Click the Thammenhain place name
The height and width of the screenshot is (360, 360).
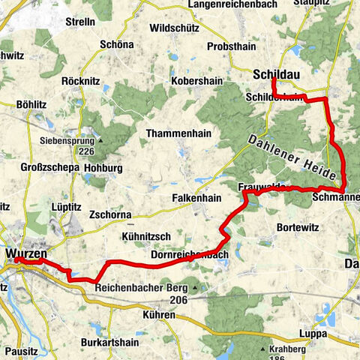[x=178, y=132]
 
